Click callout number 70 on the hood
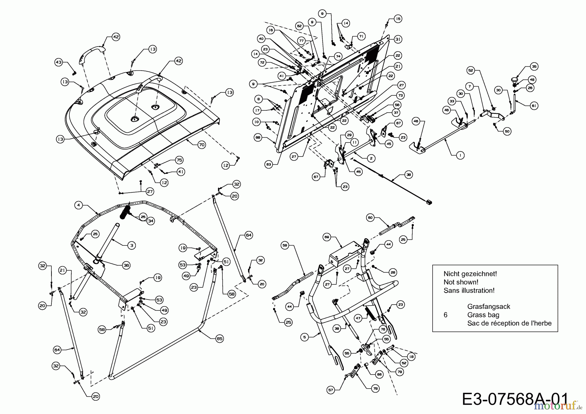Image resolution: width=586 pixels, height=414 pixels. (202, 145)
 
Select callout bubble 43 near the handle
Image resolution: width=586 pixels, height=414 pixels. (59, 62)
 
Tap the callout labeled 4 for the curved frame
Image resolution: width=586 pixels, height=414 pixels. (78, 205)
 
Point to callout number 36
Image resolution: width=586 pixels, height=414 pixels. (126, 265)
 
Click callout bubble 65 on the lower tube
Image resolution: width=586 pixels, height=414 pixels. (220, 338)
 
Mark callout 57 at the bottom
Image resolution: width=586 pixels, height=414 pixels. (331, 390)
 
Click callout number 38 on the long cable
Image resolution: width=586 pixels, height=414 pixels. (409, 175)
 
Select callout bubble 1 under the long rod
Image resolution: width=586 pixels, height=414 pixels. (460, 156)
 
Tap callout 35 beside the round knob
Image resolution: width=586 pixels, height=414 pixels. (534, 66)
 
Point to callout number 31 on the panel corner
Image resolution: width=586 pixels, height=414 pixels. (398, 39)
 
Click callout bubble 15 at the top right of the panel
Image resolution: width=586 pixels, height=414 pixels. (398, 19)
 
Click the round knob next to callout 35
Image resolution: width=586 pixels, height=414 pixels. (514, 79)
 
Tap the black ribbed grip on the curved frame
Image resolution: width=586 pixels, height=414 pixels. (125, 213)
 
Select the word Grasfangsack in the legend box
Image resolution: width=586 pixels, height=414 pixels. (488, 307)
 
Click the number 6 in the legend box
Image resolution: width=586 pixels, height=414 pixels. (445, 315)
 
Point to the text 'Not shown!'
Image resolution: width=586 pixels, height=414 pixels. (461, 282)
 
